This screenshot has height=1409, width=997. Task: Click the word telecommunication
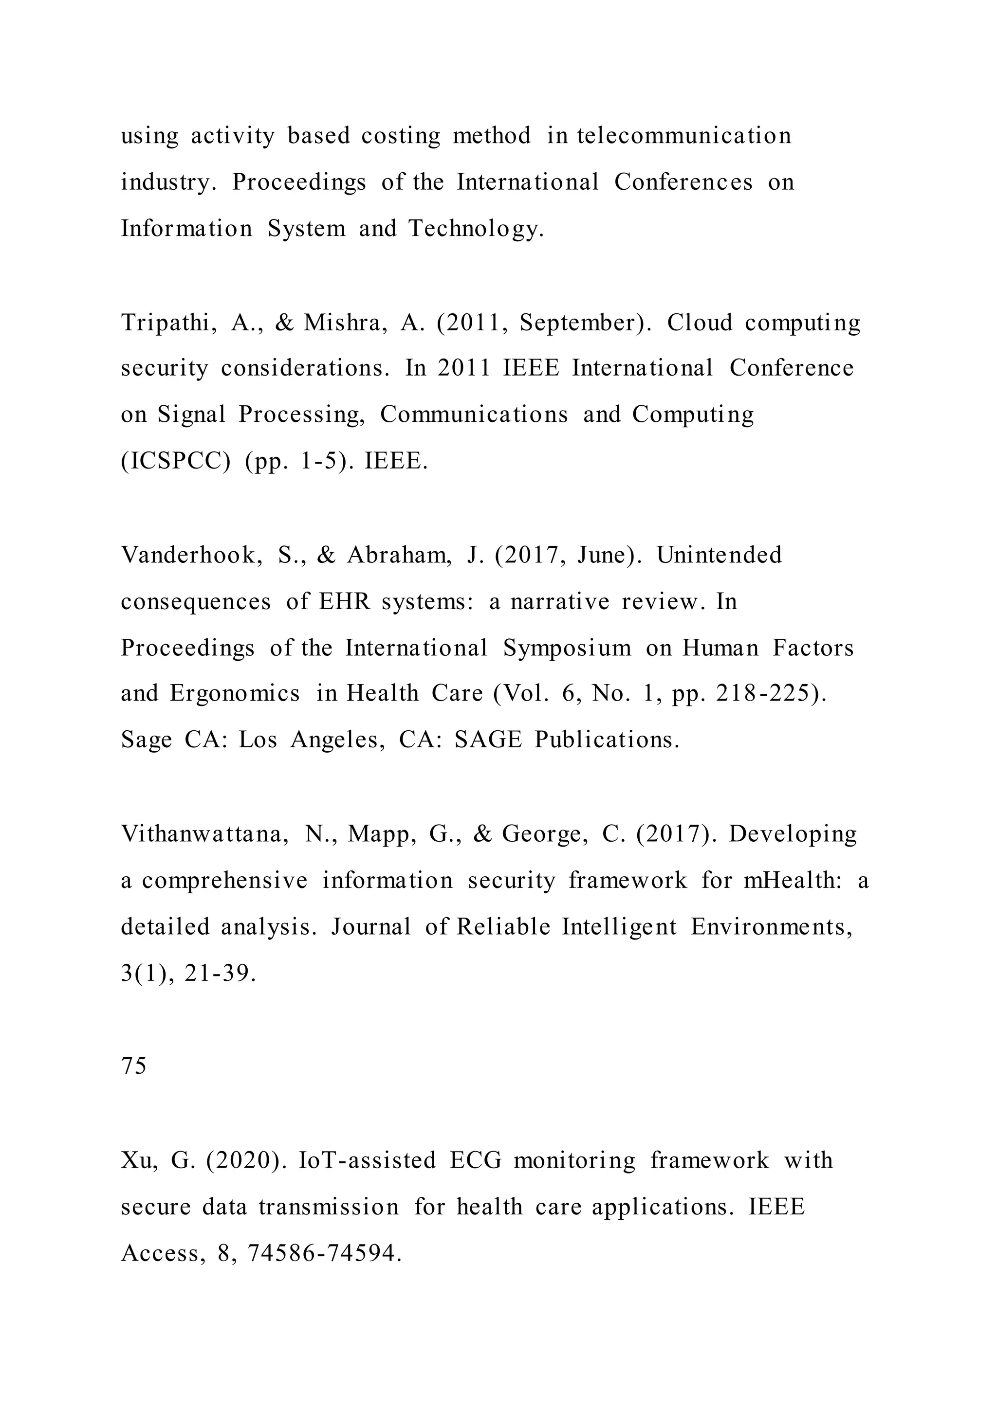pyautogui.click(x=684, y=136)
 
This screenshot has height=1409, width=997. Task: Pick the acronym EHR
pyautogui.click(x=345, y=601)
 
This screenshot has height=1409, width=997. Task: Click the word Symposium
pyautogui.click(x=567, y=648)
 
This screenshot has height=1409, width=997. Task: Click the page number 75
pyautogui.click(x=134, y=1066)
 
